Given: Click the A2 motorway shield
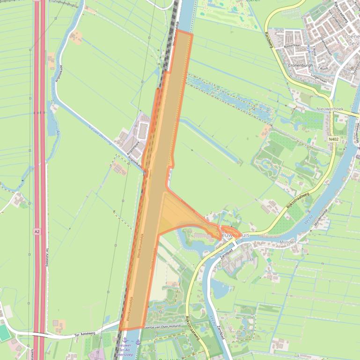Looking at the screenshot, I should (37, 231).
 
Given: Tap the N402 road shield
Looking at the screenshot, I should (333, 139).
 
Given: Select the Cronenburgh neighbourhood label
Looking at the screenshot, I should (301, 65).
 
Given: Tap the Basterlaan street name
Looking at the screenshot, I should (294, 47).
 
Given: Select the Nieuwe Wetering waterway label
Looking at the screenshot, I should (100, 136).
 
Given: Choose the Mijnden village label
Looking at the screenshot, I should (287, 242).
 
